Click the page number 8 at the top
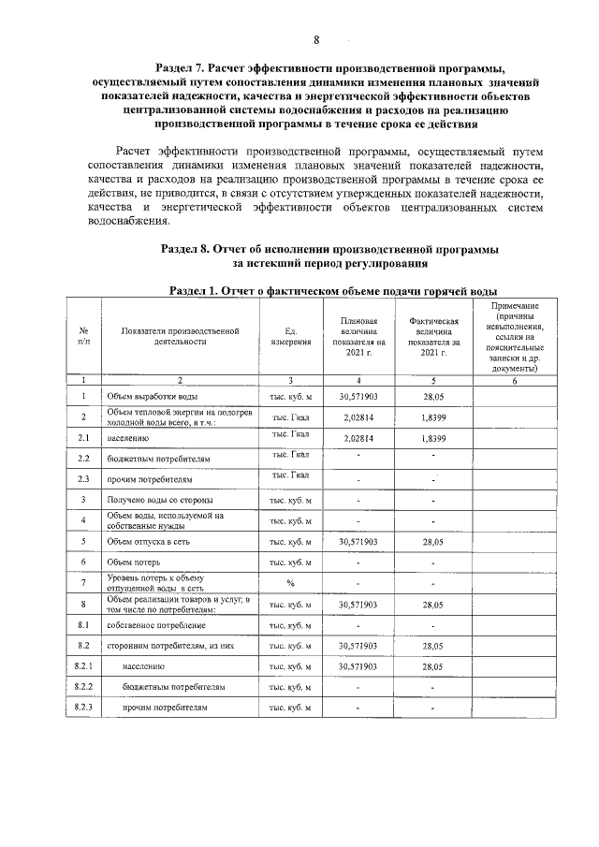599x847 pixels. click(x=316, y=39)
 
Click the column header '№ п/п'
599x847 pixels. click(x=83, y=336)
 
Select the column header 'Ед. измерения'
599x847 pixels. click(x=290, y=336)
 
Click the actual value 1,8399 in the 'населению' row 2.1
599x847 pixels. click(x=432, y=437)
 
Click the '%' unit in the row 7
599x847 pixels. click(x=290, y=582)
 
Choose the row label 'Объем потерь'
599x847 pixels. click(x=137, y=562)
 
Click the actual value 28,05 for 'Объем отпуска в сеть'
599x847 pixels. click(x=432, y=541)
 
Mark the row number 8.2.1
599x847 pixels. click(x=83, y=666)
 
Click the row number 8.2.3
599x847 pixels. click(x=83, y=708)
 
